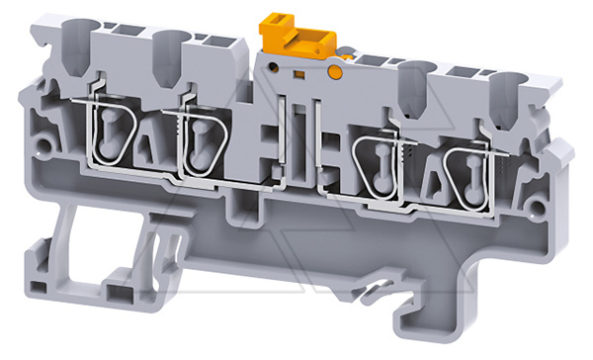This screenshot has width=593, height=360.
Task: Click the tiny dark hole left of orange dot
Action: click(296, 73)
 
